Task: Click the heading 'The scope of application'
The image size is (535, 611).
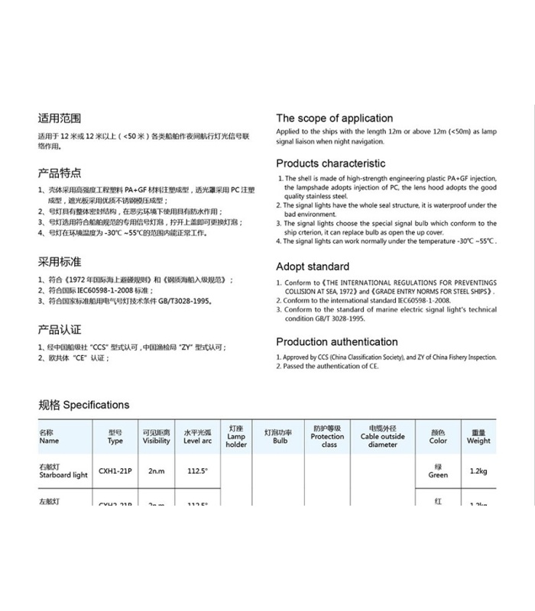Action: pyautogui.click(x=334, y=118)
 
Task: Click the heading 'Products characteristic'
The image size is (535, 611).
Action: pyautogui.click(x=330, y=163)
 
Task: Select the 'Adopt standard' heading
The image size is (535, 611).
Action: pyautogui.click(x=313, y=267)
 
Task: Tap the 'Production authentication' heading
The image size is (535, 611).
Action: pyautogui.click(x=337, y=342)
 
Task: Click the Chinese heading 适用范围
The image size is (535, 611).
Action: pyautogui.click(x=60, y=118)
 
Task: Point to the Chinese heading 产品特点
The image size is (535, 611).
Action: pyautogui.click(x=60, y=173)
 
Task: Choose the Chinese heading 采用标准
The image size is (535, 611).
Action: pyautogui.click(x=60, y=261)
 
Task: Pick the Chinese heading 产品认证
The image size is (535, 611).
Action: pyautogui.click(x=60, y=329)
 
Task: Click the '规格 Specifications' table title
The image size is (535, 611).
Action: pyautogui.click(x=84, y=405)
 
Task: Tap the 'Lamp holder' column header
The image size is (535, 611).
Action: pyautogui.click(x=236, y=437)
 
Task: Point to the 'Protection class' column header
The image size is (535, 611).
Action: pyautogui.click(x=328, y=437)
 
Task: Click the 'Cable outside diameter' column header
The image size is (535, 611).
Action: pyautogui.click(x=382, y=437)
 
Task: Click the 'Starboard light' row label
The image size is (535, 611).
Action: pyautogui.click(x=63, y=471)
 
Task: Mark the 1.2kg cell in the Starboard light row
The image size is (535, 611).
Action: pyautogui.click(x=478, y=471)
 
